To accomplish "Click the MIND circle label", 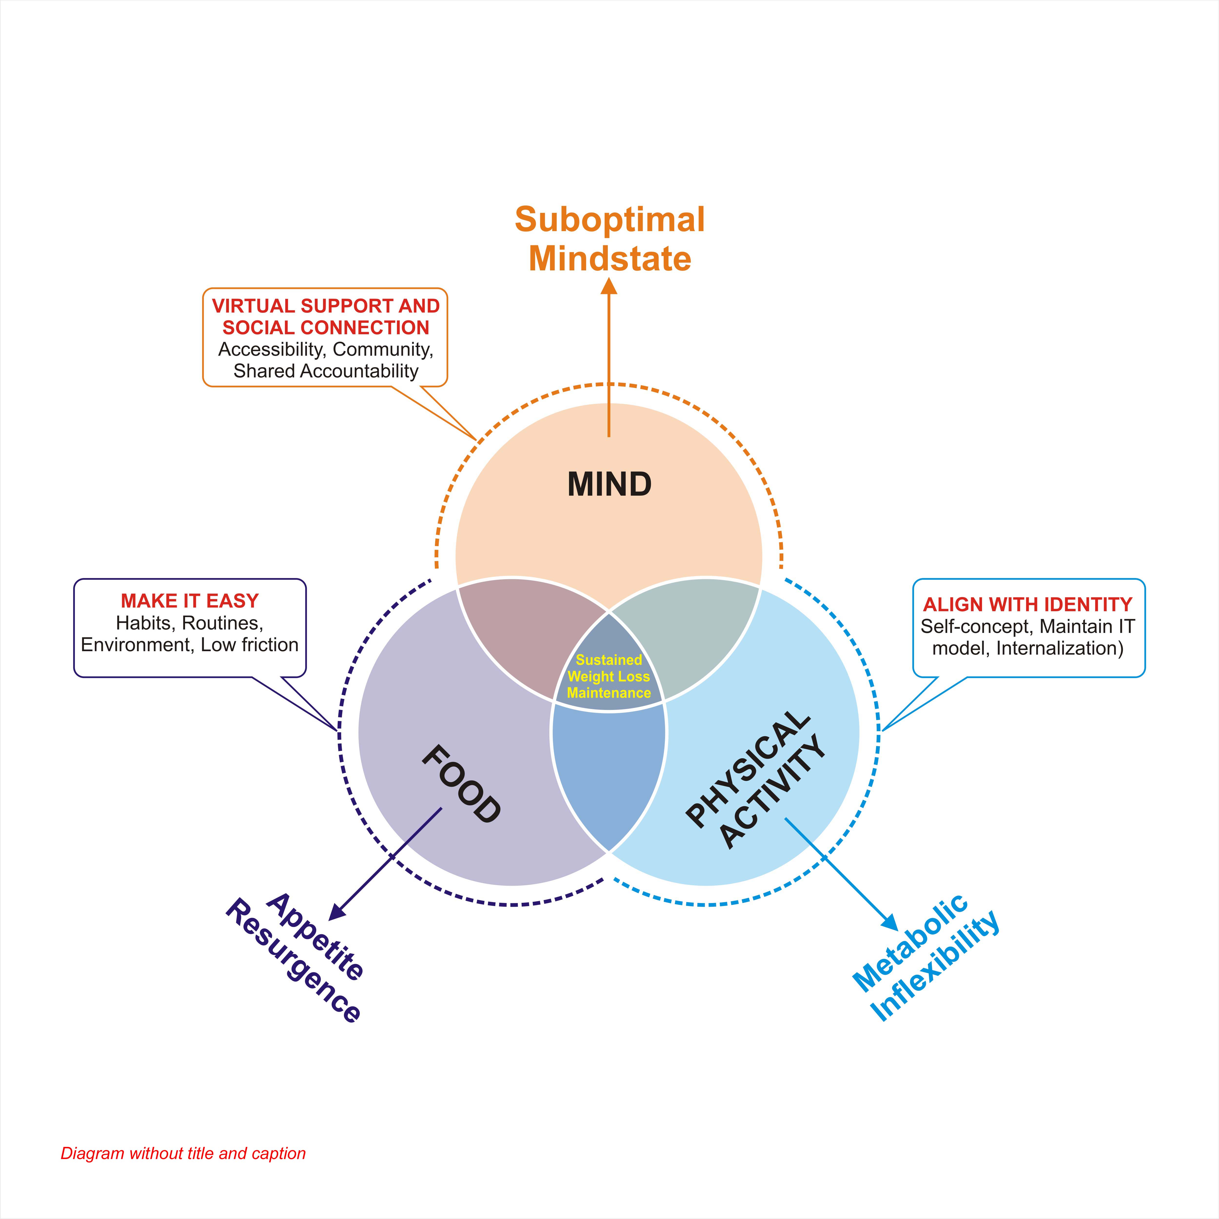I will tap(609, 485).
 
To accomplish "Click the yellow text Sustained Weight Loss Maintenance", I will tap(609, 676).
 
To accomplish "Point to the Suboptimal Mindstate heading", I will tap(609, 239).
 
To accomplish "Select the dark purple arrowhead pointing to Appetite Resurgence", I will tap(338, 912).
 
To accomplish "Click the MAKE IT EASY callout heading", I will tap(190, 601).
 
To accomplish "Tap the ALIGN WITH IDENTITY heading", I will tap(1028, 604).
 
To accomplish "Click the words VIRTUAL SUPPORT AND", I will tap(325, 306).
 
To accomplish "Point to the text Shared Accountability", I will tap(325, 371).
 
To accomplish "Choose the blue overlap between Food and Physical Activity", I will tap(609, 776).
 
